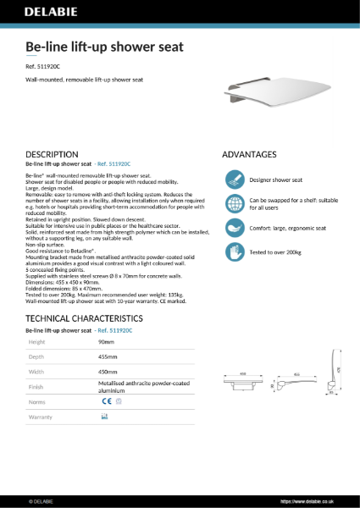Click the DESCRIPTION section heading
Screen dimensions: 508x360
(53, 154)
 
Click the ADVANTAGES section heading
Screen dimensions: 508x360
(249, 154)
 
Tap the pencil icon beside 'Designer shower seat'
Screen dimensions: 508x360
(233, 179)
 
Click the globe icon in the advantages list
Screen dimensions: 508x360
(233, 204)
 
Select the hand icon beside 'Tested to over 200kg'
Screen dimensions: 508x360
(233, 251)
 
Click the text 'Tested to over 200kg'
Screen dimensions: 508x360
(275, 252)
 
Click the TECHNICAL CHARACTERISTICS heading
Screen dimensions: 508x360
(85, 317)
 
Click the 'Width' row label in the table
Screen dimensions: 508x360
(36, 371)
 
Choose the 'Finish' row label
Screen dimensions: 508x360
(36, 386)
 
